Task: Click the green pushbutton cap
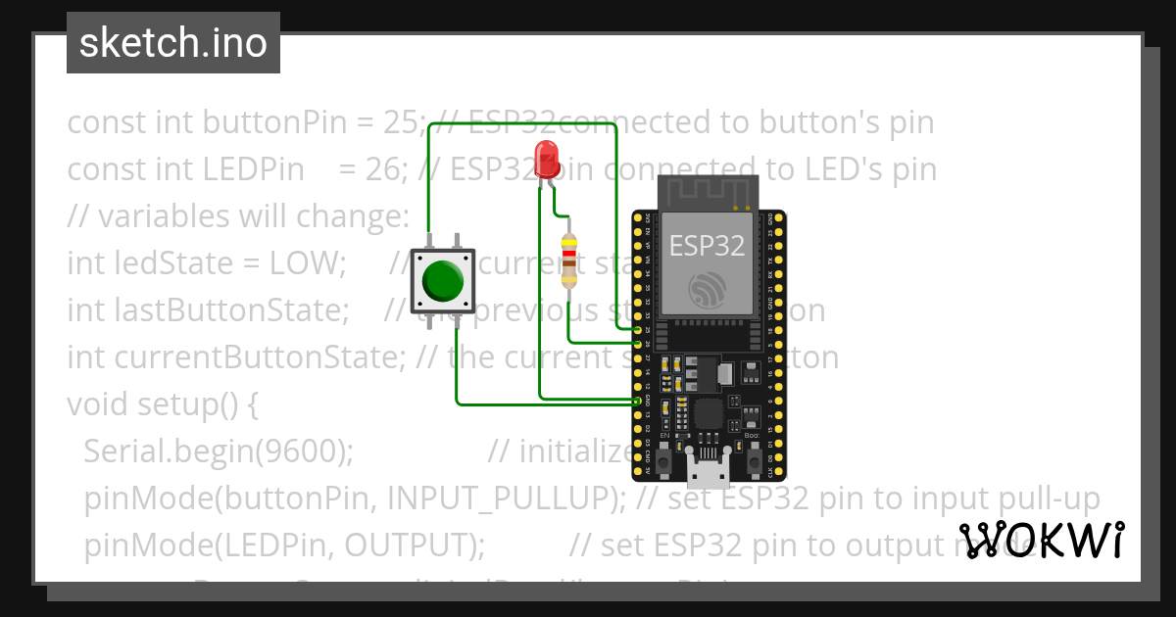click(442, 282)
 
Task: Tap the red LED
click(546, 156)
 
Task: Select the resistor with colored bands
click(568, 261)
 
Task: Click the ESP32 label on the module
click(707, 245)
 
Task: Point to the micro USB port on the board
click(709, 473)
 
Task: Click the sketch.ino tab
click(173, 43)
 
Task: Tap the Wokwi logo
click(1041, 540)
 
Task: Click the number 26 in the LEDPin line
click(384, 169)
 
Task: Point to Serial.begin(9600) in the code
click(218, 451)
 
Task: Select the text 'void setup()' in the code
click(162, 404)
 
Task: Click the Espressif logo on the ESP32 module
click(708, 291)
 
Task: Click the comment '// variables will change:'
click(237, 216)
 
